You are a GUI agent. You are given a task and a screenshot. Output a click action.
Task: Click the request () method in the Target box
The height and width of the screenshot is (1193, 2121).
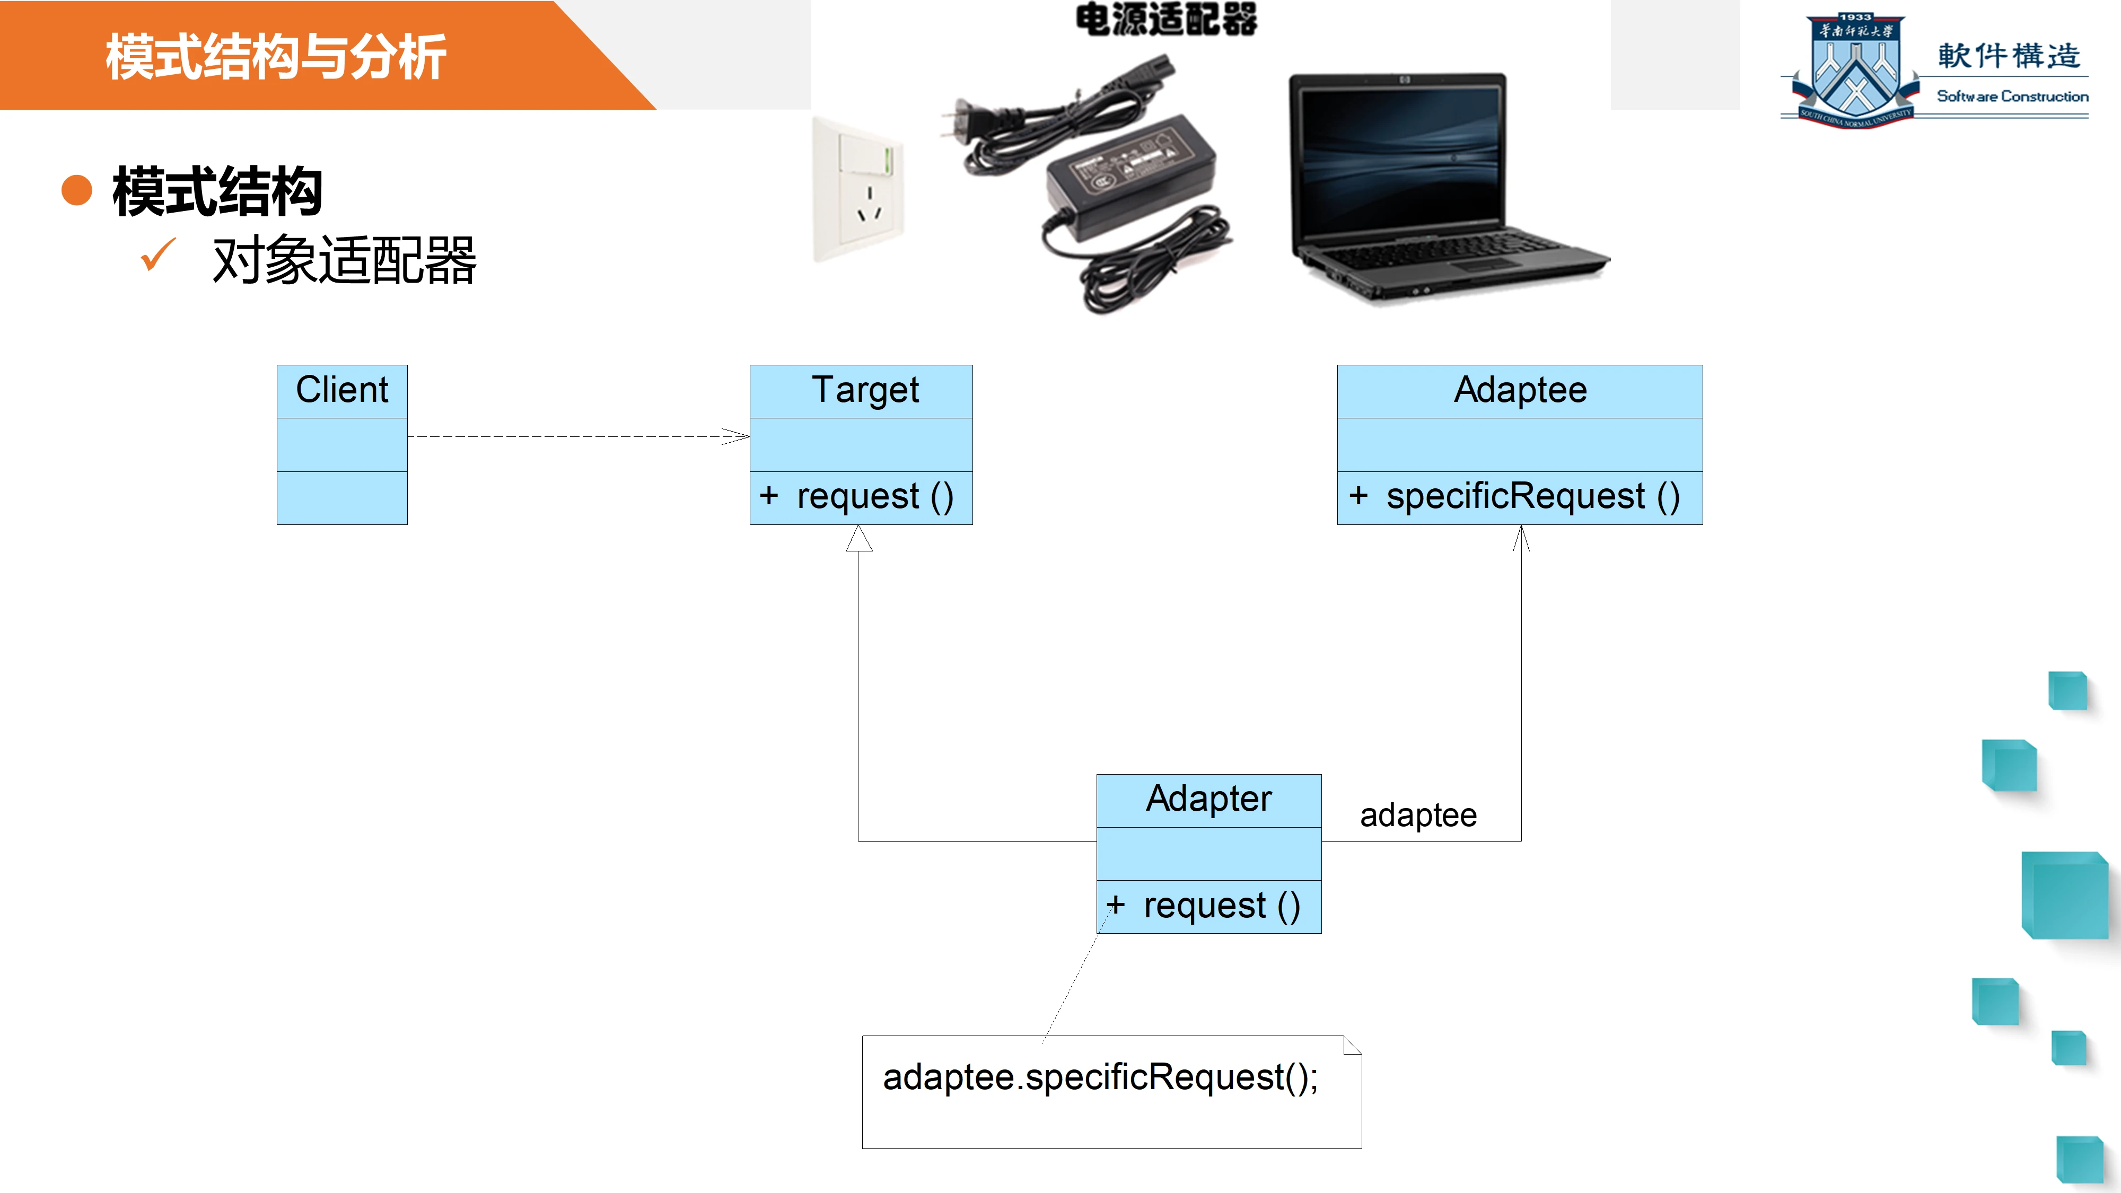pyautogui.click(x=874, y=496)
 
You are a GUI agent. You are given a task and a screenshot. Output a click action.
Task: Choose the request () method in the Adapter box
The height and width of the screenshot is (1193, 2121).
pyautogui.click(x=1221, y=906)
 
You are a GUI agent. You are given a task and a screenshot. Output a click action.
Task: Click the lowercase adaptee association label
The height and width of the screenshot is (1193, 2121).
pyautogui.click(x=1418, y=815)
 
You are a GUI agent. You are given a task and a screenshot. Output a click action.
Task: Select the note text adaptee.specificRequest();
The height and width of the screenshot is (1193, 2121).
pyautogui.click(x=1100, y=1077)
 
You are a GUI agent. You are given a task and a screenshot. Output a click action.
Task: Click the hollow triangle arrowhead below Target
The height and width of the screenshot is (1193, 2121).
pyautogui.click(x=859, y=539)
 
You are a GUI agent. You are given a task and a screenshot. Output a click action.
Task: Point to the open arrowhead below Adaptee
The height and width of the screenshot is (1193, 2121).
pyautogui.click(x=1521, y=539)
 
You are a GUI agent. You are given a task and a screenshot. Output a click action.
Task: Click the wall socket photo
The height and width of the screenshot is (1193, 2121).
pyautogui.click(x=858, y=189)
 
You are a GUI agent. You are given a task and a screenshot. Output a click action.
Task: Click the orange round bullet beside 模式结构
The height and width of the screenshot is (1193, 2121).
pyautogui.click(x=76, y=190)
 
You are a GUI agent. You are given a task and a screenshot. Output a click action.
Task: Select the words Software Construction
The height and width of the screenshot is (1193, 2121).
pyautogui.click(x=2011, y=97)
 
